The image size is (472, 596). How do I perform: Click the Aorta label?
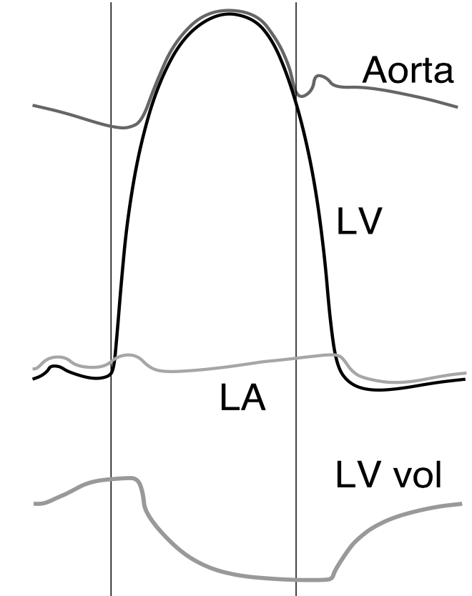(x=408, y=71)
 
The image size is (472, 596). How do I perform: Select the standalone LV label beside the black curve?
(x=361, y=222)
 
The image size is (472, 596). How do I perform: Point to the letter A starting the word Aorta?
(x=376, y=71)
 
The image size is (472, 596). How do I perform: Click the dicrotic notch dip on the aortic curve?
(x=305, y=95)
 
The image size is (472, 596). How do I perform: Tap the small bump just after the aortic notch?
(x=321, y=76)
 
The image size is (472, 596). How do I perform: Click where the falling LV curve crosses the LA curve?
(x=334, y=354)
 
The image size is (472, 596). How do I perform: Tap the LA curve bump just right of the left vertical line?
(x=129, y=355)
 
